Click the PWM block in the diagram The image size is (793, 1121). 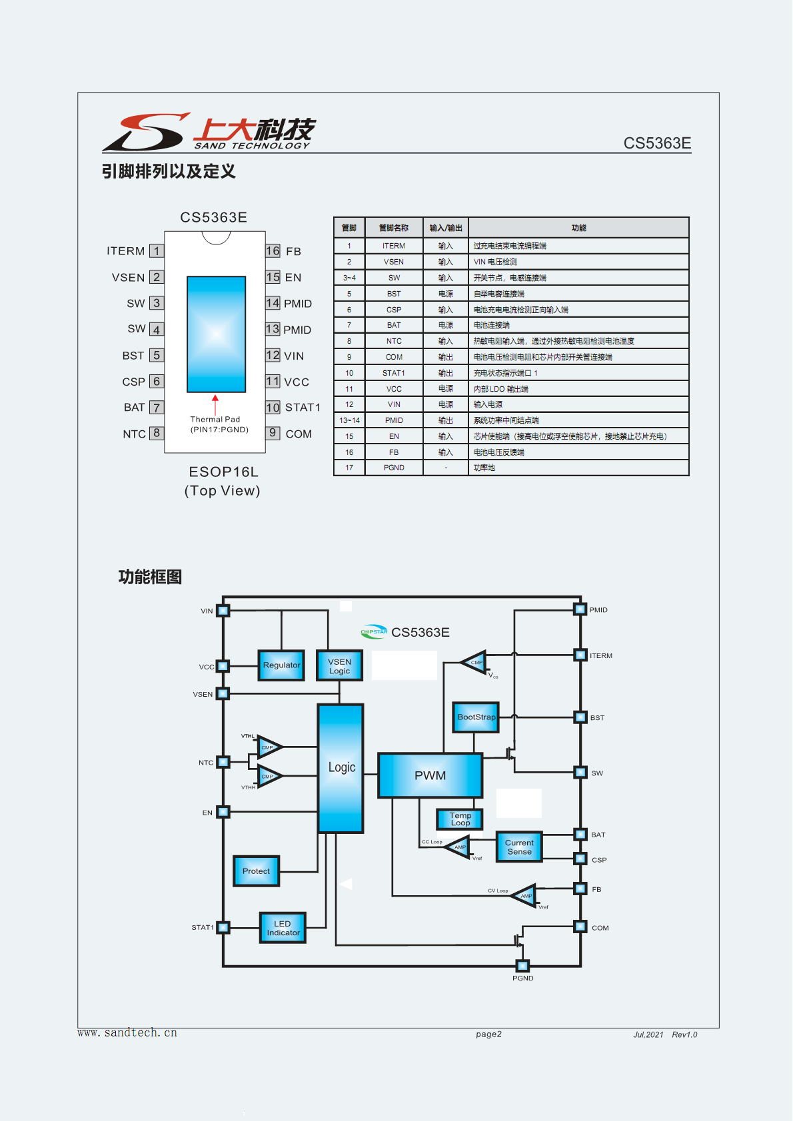430,775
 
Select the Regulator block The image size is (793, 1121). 281,665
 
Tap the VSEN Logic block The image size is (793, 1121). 339,665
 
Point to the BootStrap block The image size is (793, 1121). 476,717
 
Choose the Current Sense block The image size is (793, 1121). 519,847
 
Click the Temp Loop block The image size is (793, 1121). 459,819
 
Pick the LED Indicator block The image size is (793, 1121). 283,928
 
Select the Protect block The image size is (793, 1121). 256,871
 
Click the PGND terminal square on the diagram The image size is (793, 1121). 522,966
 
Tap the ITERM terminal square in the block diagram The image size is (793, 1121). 580,655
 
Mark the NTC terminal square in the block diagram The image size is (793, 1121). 223,762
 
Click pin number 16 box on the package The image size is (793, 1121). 273,251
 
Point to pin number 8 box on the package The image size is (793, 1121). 157,433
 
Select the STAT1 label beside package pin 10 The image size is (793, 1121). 303,408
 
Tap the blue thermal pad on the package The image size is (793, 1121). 216,334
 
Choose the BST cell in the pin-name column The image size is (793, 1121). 394,294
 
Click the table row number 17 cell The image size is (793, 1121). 349,468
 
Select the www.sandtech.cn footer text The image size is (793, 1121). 127,1033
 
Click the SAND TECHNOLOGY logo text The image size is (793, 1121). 252,146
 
